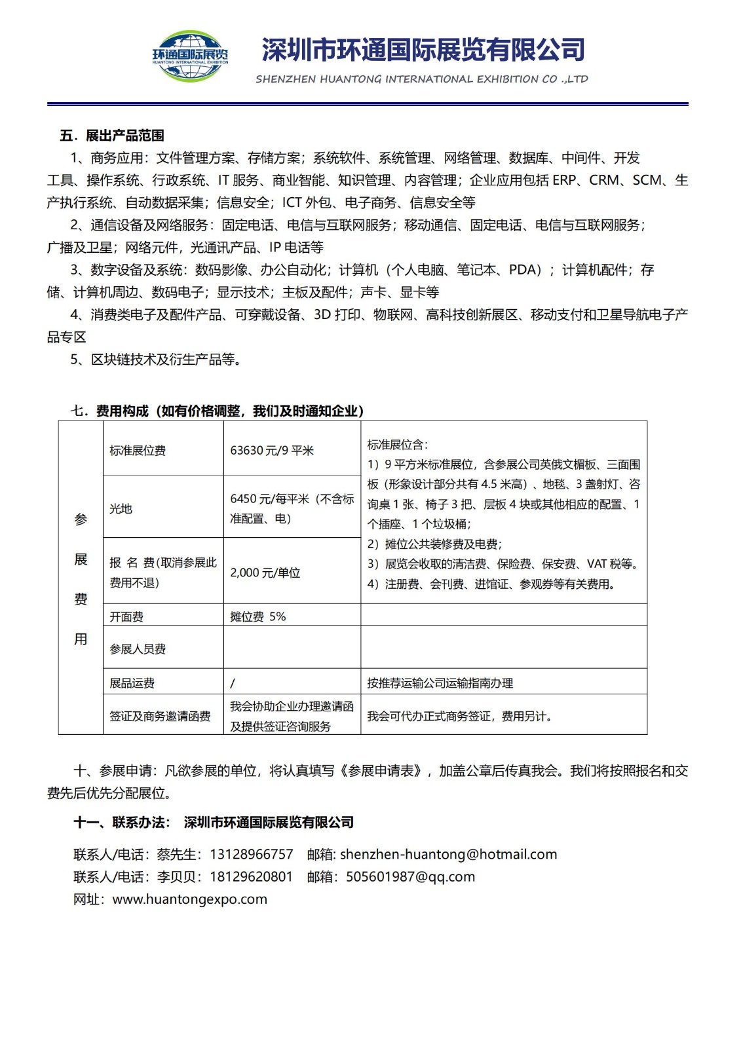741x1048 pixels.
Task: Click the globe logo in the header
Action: click(x=190, y=56)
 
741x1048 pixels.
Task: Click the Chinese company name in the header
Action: click(x=423, y=50)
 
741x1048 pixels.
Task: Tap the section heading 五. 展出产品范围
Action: click(x=112, y=136)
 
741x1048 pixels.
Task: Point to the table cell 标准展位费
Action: click(x=138, y=451)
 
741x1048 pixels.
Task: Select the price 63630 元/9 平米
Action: click(x=272, y=451)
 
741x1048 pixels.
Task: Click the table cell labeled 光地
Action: click(x=121, y=508)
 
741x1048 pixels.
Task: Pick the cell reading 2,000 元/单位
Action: click(x=265, y=572)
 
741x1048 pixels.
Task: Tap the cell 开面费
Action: click(x=126, y=616)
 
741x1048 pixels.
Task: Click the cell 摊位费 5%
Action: click(x=258, y=616)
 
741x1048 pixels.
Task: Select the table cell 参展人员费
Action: click(x=138, y=649)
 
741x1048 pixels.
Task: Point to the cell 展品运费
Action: click(x=132, y=683)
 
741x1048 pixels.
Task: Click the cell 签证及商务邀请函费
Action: click(x=160, y=717)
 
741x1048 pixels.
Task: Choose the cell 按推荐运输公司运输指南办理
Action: click(x=440, y=683)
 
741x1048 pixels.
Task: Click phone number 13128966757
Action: click(x=252, y=854)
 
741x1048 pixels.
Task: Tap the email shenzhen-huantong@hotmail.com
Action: click(x=449, y=854)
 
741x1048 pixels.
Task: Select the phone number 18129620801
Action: click(x=252, y=876)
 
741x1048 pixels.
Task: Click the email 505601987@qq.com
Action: click(x=411, y=876)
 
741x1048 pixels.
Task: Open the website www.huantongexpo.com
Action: click(x=190, y=899)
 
